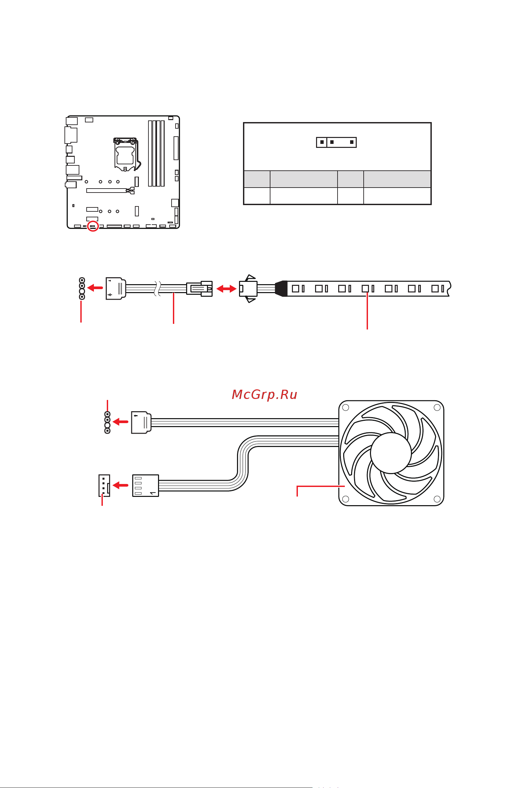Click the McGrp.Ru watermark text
[264, 394]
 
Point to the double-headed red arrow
[226, 288]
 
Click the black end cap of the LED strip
[281, 288]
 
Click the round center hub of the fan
[391, 453]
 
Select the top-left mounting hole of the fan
[346, 408]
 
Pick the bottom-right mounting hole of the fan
[437, 499]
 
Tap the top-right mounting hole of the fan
[437, 408]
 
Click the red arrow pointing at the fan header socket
[121, 485]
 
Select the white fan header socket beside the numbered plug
[104, 485]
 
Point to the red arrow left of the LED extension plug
[95, 287]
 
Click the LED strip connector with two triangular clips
[248, 288]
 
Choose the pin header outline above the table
[336, 142]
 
